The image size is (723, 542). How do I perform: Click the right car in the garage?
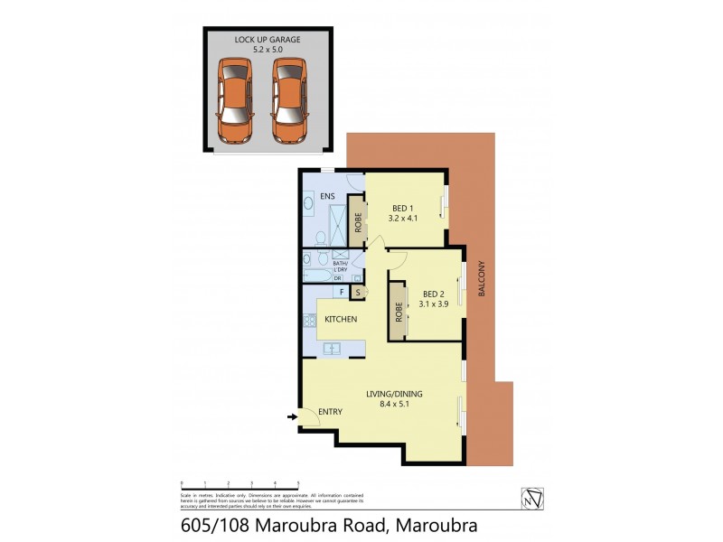pyautogui.click(x=289, y=99)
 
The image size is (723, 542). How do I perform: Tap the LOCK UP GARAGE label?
pyautogui.click(x=268, y=40)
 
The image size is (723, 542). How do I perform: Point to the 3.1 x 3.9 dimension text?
pyautogui.click(x=434, y=304)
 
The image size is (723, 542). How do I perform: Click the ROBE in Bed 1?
pyautogui.click(x=358, y=222)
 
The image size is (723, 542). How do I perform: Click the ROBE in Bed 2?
pyautogui.click(x=398, y=312)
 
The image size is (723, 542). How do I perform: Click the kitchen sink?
pyautogui.click(x=332, y=349)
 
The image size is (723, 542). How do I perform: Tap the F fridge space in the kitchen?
pyautogui.click(x=342, y=292)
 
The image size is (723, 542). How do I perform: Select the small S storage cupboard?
pyautogui.click(x=358, y=292)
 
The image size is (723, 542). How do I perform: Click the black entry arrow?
pyautogui.click(x=291, y=416)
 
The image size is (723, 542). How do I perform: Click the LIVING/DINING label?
pyautogui.click(x=394, y=394)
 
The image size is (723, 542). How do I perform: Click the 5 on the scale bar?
pyautogui.click(x=298, y=484)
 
